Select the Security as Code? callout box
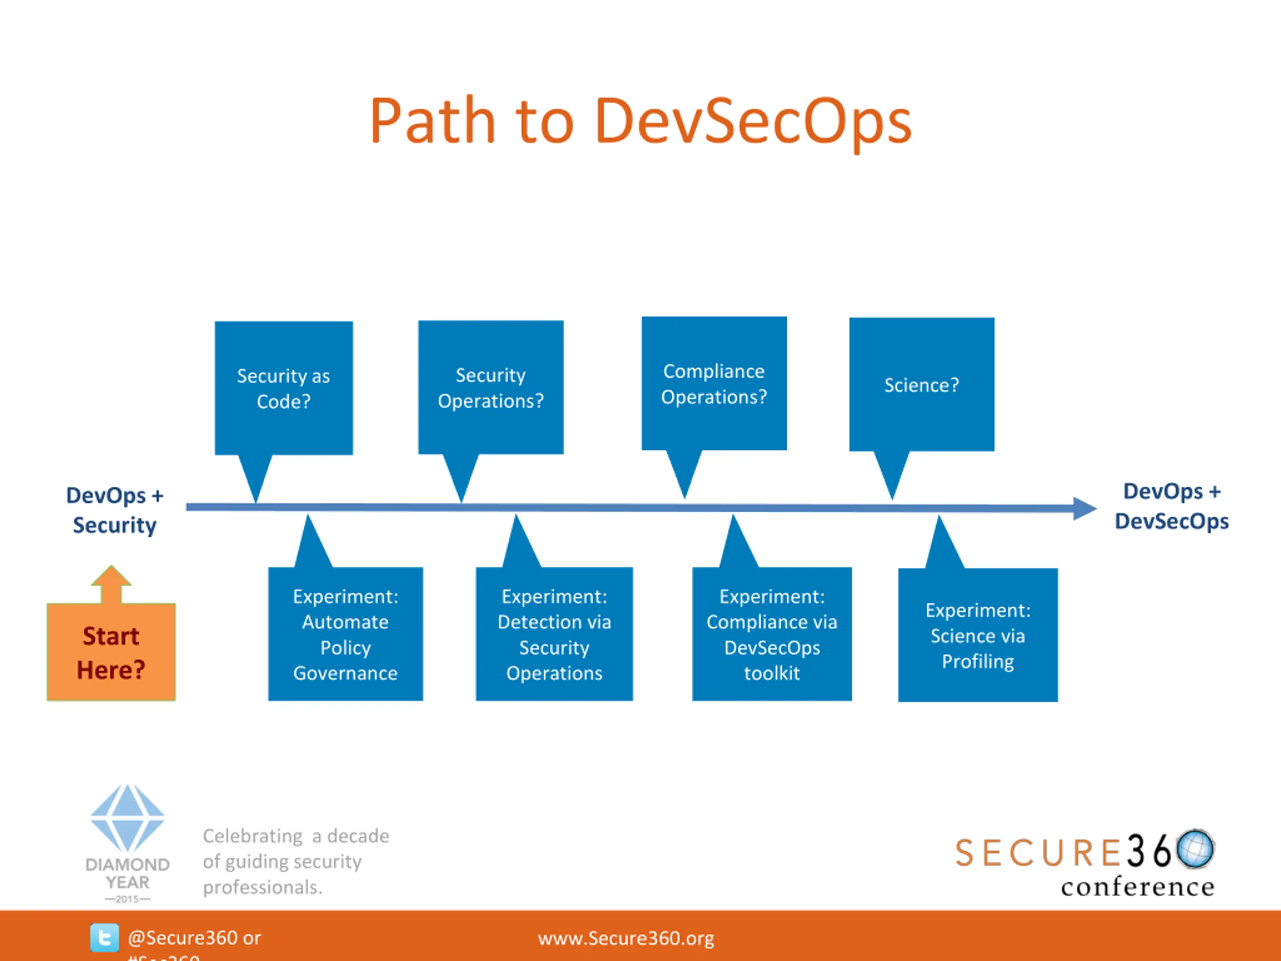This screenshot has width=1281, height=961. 284,388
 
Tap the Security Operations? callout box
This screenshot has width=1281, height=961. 491,387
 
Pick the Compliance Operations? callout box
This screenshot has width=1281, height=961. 714,383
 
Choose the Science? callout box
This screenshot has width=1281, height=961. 921,384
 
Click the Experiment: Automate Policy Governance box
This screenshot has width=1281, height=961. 345,634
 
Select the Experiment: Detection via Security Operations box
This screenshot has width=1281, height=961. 554,634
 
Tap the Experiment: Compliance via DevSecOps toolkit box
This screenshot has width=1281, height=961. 772,634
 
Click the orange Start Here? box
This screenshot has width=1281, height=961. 111,652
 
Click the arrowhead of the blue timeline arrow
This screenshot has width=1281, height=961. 1084,509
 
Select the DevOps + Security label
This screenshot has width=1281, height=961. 114,510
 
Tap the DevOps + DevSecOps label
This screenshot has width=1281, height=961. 1171,507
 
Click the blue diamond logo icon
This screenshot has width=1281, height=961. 128,818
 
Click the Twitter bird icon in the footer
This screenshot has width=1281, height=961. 104,938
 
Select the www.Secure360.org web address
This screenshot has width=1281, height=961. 625,938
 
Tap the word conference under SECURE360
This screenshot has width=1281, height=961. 1137,887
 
